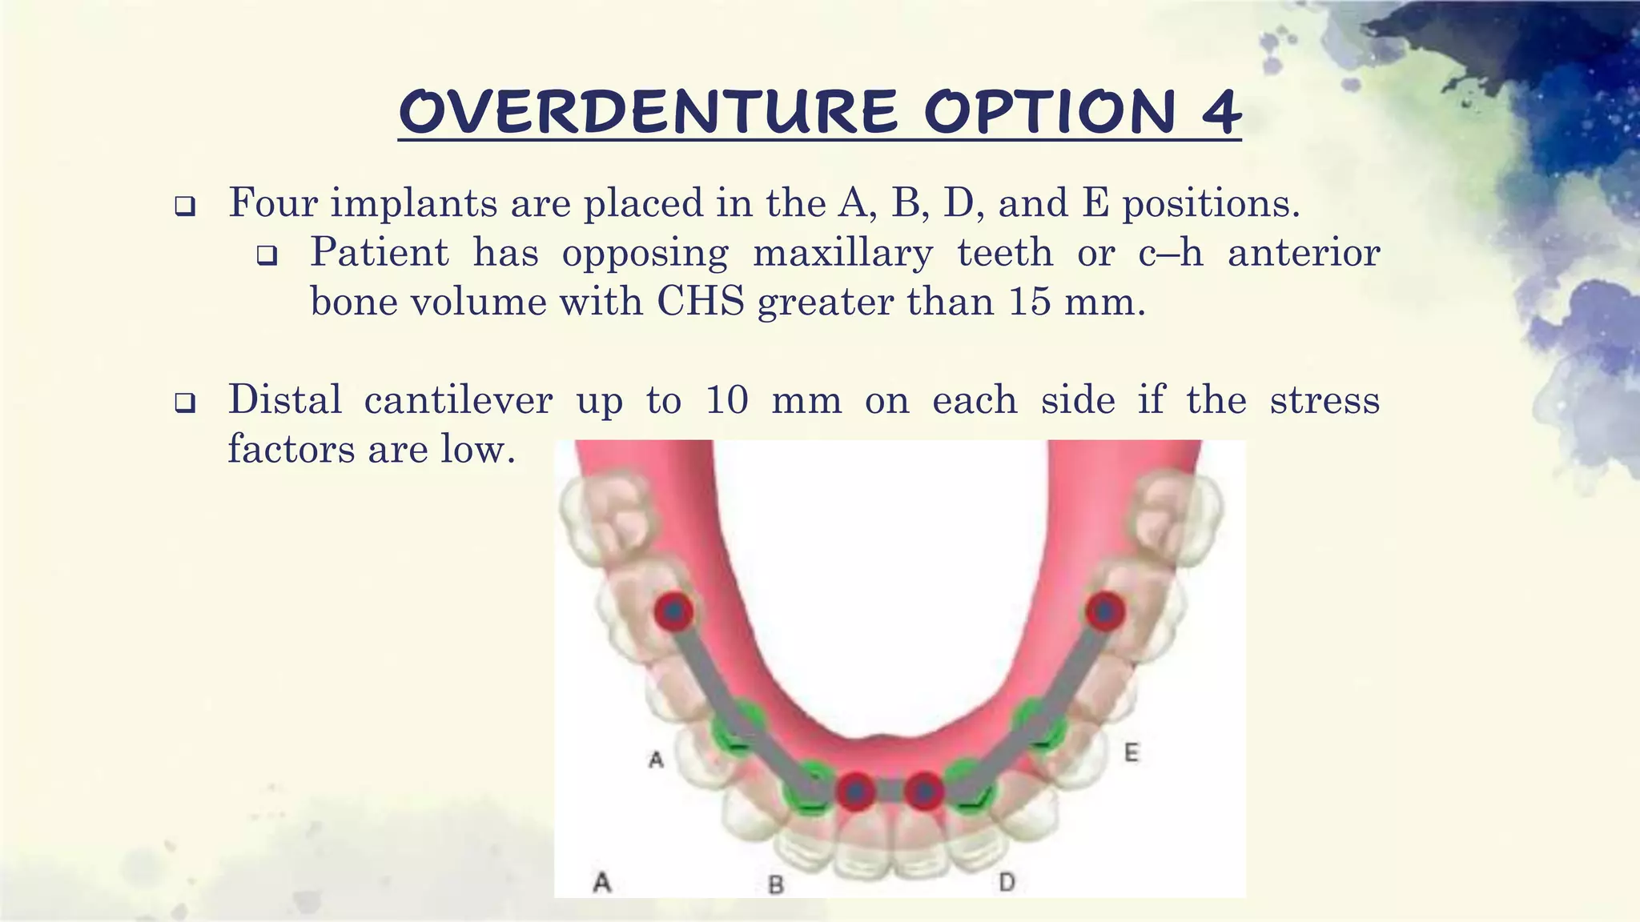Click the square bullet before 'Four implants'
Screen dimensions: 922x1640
[185, 207]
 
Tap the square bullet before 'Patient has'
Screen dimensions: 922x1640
[267, 256]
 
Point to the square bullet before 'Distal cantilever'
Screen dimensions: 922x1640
[185, 403]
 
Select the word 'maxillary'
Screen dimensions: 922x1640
[842, 255]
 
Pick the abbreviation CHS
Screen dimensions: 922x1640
[701, 303]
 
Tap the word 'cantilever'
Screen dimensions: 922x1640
[458, 400]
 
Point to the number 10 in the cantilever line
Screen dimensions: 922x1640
[726, 400]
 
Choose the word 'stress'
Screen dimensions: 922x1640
[1324, 400]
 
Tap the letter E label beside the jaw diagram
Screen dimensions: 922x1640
[1131, 753]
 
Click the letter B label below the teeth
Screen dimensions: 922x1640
[775, 884]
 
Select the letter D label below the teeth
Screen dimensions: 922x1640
[1007, 883]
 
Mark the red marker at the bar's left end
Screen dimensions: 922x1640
[673, 612]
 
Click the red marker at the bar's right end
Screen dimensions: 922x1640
[1105, 612]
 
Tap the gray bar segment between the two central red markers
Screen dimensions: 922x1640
[890, 792]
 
